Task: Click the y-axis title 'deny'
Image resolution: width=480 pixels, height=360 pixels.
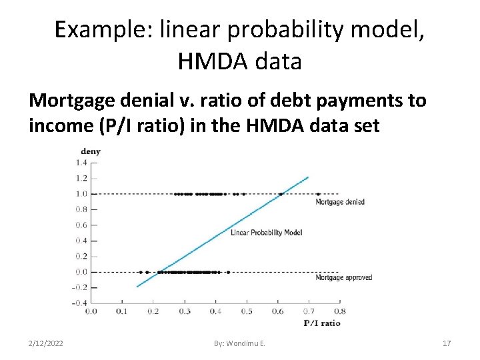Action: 91,151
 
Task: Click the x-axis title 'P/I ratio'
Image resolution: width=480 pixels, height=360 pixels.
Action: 322,323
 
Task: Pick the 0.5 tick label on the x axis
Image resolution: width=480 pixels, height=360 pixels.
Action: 247,311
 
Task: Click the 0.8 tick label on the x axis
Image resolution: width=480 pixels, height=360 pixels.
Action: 340,311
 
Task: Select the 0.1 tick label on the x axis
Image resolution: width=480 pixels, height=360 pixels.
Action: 122,311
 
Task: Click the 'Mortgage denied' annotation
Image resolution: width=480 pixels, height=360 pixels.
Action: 339,202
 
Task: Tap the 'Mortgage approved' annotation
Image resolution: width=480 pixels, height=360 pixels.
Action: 343,277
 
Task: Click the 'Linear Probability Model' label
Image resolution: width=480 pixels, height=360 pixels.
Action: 267,233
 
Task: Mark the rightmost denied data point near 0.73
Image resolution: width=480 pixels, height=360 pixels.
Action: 318,194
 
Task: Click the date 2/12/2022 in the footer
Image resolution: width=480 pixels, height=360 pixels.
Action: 46,343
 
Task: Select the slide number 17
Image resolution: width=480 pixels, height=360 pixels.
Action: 447,343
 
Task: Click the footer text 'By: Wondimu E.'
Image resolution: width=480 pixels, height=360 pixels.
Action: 239,343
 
